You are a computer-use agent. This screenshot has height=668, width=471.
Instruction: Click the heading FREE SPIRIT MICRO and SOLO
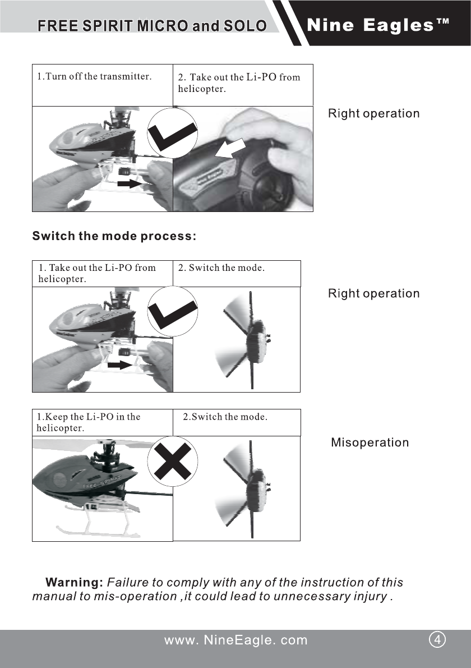tap(151, 26)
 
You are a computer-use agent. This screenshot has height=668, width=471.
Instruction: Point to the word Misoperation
tap(370, 443)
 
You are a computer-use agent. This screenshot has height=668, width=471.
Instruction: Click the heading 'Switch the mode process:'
tap(114, 236)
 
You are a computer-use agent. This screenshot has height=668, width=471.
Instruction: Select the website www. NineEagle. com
tap(235, 640)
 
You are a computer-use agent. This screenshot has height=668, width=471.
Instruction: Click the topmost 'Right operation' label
tap(373, 113)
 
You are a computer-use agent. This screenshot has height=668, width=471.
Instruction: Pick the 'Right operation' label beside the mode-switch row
tap(373, 293)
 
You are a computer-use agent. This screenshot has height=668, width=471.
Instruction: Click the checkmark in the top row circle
tap(173, 133)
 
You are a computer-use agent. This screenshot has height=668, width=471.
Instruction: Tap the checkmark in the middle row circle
tap(173, 312)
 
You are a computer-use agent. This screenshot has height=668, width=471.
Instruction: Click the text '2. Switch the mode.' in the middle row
tap(221, 268)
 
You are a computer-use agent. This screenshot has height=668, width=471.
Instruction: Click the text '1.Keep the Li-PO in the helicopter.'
tap(88, 422)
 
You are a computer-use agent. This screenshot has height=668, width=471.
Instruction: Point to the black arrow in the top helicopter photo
tap(130, 183)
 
